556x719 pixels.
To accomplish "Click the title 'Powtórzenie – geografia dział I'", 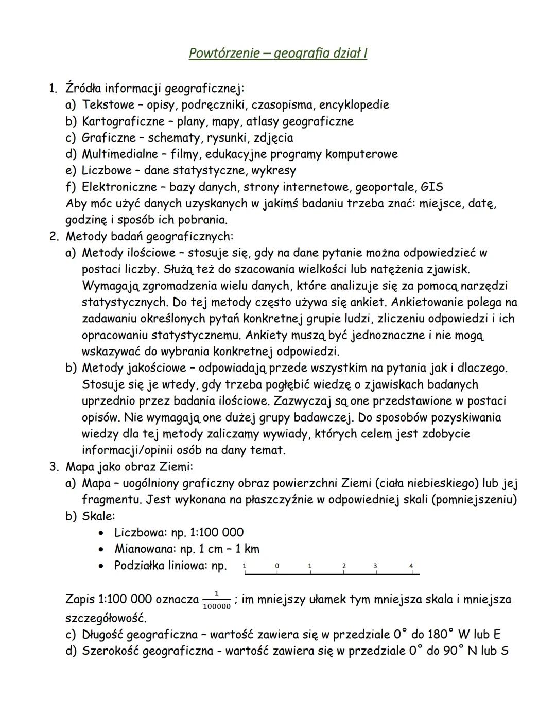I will point(277,53).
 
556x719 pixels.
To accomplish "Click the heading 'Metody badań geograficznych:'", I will point(149,237).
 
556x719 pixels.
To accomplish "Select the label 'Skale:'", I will point(98,516).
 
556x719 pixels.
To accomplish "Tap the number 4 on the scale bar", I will point(411,566).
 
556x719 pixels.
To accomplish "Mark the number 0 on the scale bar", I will point(277,566).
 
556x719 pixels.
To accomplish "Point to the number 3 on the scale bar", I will point(375,566).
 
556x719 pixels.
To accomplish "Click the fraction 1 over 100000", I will point(216,600).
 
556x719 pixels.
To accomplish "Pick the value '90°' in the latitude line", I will point(452,651).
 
